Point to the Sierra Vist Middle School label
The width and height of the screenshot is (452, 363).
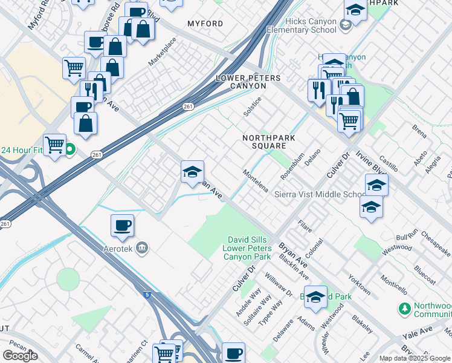pyautogui.click(x=320, y=194)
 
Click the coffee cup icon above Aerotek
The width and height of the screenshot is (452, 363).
pyautogui.click(x=122, y=226)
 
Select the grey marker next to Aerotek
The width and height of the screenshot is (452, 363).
pyautogui.click(x=142, y=247)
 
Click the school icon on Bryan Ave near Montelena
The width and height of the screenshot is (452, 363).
pyautogui.click(x=192, y=172)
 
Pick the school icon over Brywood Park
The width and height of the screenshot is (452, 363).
pyautogui.click(x=315, y=296)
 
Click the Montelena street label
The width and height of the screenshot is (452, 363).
pyautogui.click(x=255, y=180)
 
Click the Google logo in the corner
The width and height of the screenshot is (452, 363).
pyautogui.click(x=20, y=356)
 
